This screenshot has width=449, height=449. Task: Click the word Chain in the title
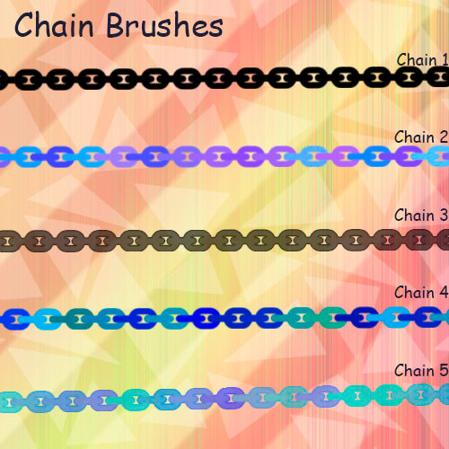pos(54,25)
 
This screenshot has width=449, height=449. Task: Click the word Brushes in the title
pos(165,25)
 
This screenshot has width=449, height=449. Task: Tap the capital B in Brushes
pos(117,26)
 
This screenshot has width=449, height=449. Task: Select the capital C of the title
pos(23,25)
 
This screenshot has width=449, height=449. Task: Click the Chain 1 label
pos(423,60)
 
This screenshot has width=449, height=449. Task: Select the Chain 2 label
pos(421,137)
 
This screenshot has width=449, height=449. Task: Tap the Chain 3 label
pos(421,216)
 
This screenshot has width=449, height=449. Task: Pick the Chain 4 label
pos(421,293)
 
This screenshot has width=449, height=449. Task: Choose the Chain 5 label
pos(421,371)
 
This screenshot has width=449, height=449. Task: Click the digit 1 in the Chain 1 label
pos(445,60)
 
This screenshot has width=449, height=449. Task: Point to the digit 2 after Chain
pos(444,137)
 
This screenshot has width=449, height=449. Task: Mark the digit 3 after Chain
pos(444,216)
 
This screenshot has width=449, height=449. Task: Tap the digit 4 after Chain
pos(444,293)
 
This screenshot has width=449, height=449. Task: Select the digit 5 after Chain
pos(444,371)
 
